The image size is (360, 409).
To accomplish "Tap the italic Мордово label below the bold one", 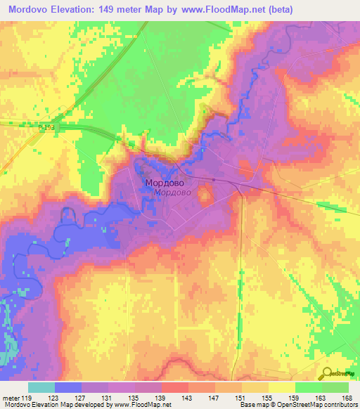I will pyautogui.click(x=172, y=193).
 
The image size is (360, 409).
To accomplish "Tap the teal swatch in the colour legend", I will pyautogui.click(x=41, y=387).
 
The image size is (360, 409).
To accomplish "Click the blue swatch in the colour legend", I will pyautogui.click(x=68, y=387).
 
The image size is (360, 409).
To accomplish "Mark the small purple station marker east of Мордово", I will pyautogui.click(x=213, y=180).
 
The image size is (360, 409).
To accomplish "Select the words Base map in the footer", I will pyautogui.click(x=251, y=405).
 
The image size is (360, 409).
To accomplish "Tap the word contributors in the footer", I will pyautogui.click(x=341, y=405).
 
